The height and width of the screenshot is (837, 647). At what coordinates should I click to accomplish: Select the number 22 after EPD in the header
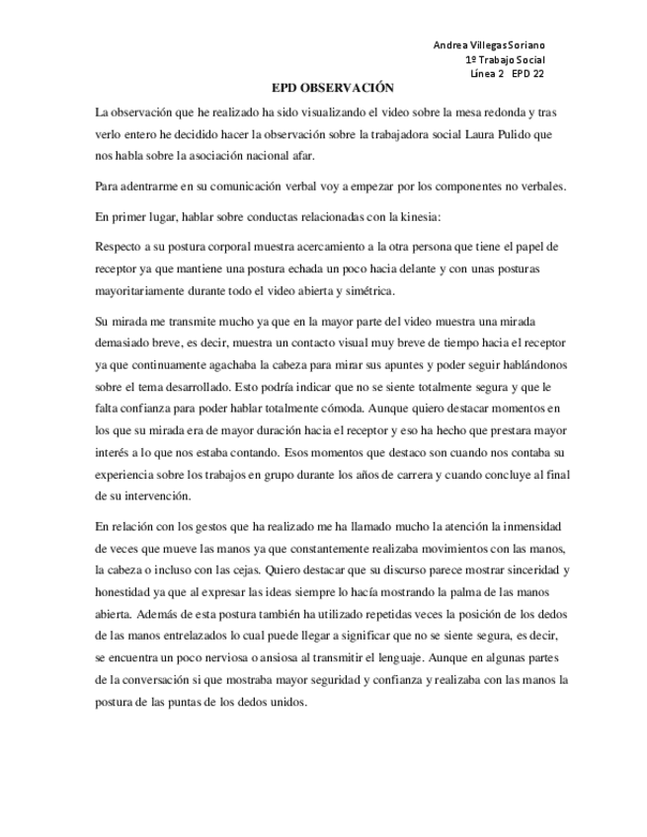tap(537, 73)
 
